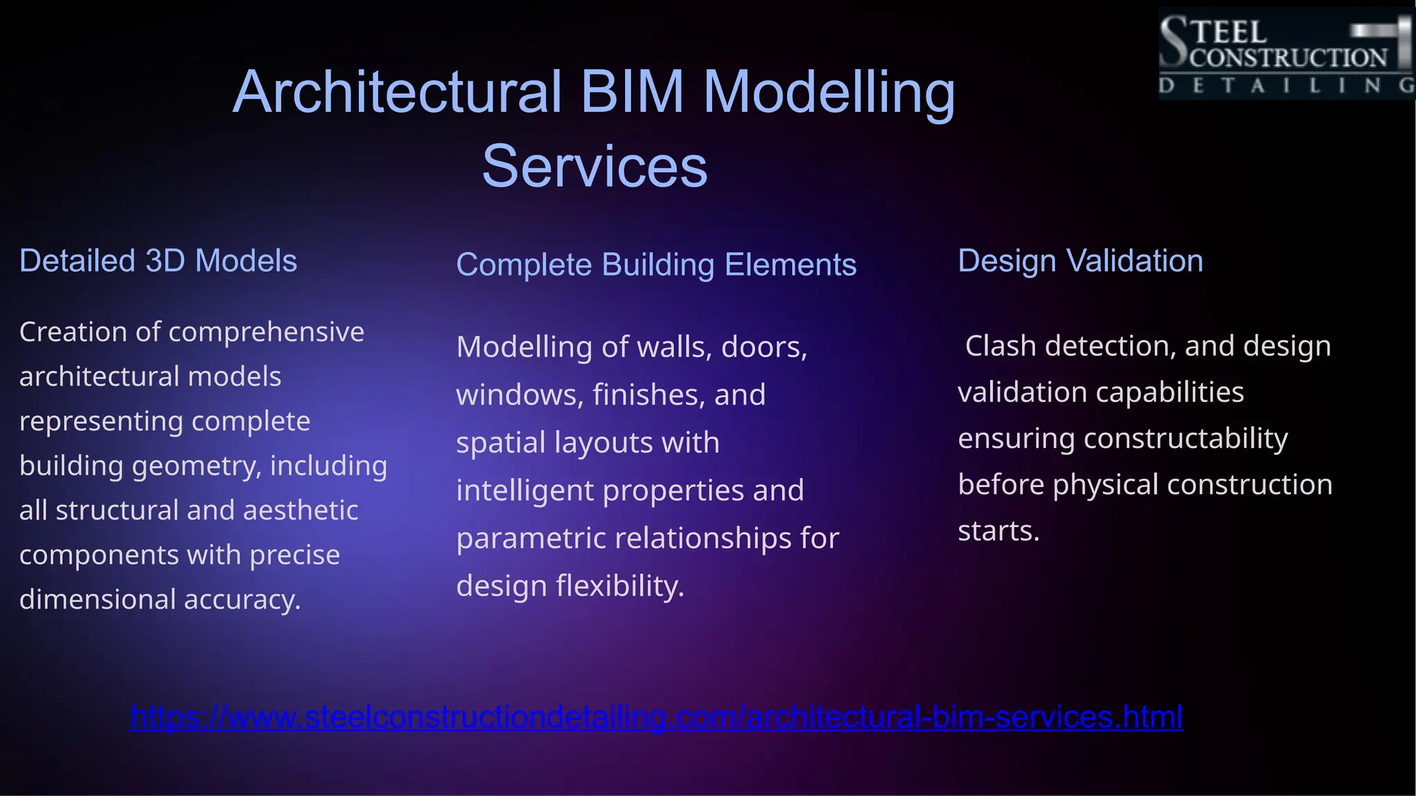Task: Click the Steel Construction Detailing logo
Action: click(x=1286, y=54)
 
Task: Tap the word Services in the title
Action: click(x=595, y=167)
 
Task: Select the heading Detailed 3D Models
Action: click(x=158, y=261)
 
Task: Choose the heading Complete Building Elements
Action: click(x=656, y=265)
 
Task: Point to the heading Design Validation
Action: click(x=1080, y=261)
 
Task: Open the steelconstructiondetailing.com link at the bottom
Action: click(x=656, y=717)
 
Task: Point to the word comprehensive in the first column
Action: click(x=266, y=332)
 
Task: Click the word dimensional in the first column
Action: click(x=97, y=599)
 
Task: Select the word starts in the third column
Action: click(x=998, y=531)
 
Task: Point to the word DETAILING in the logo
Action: click(x=1286, y=86)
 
